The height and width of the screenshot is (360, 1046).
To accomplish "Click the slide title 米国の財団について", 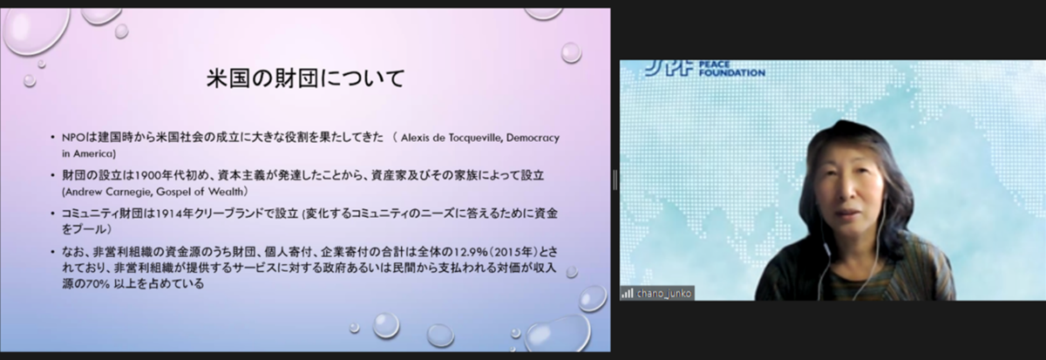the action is (x=305, y=78).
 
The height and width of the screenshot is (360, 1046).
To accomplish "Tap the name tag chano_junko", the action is (x=663, y=294).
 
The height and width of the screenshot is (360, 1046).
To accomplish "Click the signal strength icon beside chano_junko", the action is (x=627, y=294).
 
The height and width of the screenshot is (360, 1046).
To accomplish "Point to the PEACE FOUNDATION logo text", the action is (x=731, y=69).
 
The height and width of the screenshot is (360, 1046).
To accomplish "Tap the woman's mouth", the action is (x=847, y=213).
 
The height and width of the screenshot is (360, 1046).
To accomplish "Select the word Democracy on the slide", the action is (x=533, y=139).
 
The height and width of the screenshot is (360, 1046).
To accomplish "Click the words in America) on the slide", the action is (x=89, y=153).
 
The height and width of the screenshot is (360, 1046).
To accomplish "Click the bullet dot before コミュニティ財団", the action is (x=53, y=214).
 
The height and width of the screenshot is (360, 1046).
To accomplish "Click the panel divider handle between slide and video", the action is (x=615, y=180).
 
